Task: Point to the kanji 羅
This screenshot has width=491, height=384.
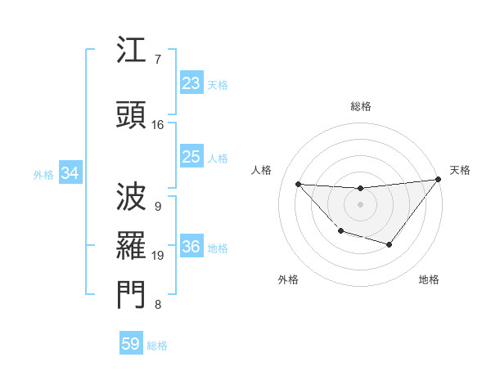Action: coord(131,244)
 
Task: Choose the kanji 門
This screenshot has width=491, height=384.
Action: coord(131,295)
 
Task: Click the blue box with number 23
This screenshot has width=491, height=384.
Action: coord(191,83)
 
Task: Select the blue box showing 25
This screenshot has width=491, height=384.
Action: coord(191,157)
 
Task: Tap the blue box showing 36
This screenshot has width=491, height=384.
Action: coord(191,248)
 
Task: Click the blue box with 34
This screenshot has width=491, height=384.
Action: coord(70,173)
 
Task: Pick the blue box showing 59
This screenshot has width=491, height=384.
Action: coord(131,344)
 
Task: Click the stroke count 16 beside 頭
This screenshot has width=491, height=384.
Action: coord(158,125)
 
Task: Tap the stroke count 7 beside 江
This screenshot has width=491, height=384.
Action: coord(157,60)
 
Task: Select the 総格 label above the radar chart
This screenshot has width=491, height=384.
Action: coord(360,106)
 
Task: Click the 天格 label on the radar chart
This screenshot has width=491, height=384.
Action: coord(460,170)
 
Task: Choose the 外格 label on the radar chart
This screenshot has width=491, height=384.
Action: coord(288,279)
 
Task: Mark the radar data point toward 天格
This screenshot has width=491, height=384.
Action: coord(438,180)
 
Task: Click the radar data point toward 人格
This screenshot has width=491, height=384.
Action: coord(298,184)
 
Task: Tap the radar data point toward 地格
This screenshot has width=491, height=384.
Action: coord(390,244)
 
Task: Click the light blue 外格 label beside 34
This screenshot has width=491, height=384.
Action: coord(43,174)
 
